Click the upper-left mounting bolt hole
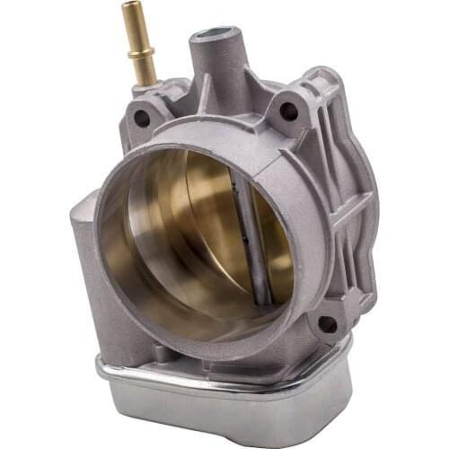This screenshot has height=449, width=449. coord(142,117)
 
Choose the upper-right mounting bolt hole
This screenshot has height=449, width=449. coord(288,111)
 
